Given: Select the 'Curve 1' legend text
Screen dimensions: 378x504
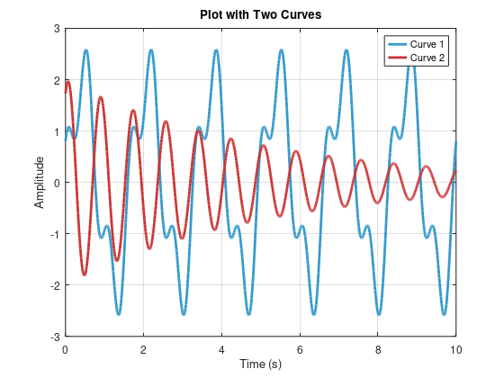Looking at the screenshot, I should [x=427, y=44].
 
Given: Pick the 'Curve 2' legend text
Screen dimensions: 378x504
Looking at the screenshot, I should [x=427, y=58].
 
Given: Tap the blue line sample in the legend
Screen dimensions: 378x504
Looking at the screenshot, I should [x=396, y=44].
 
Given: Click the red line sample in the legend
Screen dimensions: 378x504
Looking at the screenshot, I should [x=396, y=58].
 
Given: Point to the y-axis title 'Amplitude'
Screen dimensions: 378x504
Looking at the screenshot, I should [x=39, y=182].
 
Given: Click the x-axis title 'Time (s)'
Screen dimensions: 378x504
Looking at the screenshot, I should [x=260, y=364].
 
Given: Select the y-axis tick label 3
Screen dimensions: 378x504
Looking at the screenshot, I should [x=56, y=29].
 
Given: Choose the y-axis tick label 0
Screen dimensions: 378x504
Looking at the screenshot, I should [x=56, y=183].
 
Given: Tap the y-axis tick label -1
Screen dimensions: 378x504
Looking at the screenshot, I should [x=54, y=234].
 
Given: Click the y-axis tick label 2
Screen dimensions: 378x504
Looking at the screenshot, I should [x=56, y=80].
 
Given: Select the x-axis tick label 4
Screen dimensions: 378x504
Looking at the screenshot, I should [x=221, y=346].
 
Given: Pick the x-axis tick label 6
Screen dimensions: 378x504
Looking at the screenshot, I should [x=300, y=346].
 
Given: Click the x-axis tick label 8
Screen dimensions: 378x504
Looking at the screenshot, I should [x=378, y=346].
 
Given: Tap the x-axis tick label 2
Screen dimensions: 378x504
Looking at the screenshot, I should [x=143, y=346].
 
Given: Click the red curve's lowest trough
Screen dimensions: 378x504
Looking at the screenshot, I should [x=85, y=274].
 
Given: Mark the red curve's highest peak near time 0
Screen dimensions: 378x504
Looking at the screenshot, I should [x=68, y=82].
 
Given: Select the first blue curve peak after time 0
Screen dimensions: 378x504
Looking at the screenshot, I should [x=85, y=50].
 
